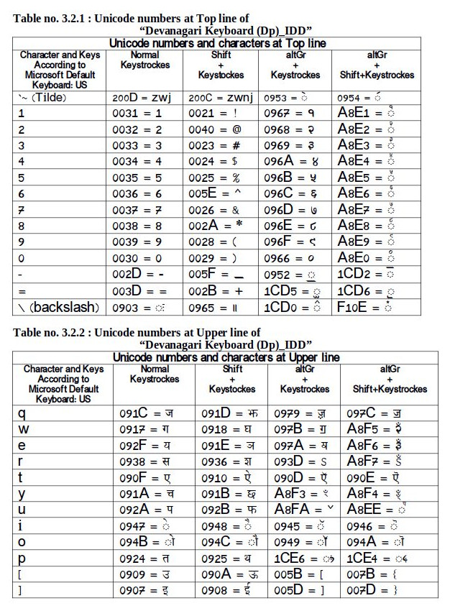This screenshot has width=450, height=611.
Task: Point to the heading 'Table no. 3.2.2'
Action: tap(137, 332)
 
